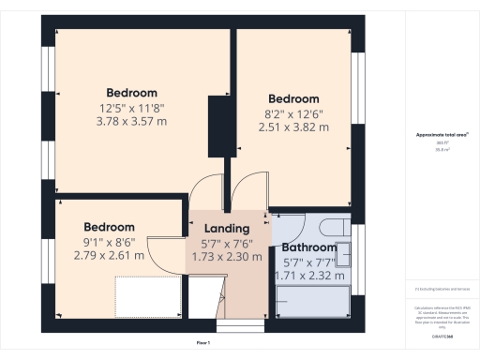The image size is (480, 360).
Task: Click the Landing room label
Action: [x=227, y=228]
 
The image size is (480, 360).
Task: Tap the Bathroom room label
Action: [x=308, y=247]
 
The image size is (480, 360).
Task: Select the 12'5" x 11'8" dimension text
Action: [x=131, y=108]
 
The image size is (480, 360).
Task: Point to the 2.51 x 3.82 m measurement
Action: [x=293, y=127]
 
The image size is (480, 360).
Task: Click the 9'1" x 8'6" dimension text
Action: [x=109, y=241]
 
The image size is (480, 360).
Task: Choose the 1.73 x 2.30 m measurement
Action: [x=227, y=256]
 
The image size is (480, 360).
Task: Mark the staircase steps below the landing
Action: [x=229, y=326]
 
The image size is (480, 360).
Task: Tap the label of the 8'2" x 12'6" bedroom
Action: [x=293, y=98]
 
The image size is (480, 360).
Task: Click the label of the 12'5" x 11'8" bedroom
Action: [x=131, y=93]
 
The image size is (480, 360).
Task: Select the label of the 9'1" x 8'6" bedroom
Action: [x=109, y=227]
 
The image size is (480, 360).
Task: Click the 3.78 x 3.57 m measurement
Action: [x=131, y=122]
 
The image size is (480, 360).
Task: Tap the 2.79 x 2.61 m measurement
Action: [x=109, y=255]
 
